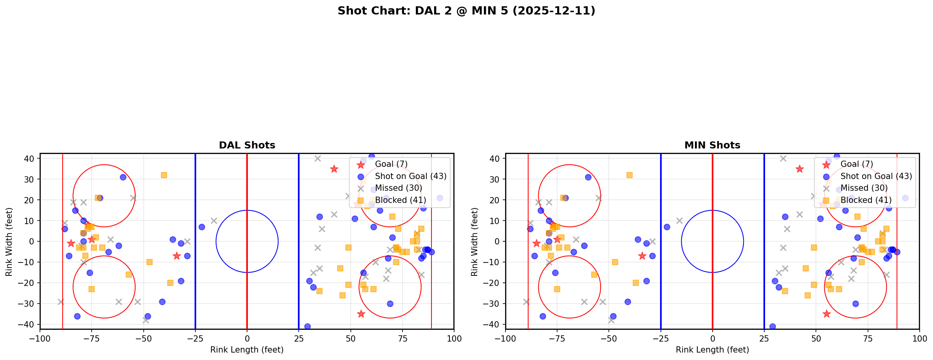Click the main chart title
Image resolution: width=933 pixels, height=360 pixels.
point(466,11)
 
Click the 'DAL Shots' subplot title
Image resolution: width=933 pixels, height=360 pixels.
point(247,145)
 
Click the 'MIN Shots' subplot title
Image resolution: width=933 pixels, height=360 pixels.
point(712,145)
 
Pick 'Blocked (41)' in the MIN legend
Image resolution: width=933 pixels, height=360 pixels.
point(866,200)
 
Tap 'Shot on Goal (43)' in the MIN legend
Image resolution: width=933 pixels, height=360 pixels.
point(876,176)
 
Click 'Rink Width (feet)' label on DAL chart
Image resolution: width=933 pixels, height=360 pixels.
point(9,241)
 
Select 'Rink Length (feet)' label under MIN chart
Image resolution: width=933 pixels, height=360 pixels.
point(712,350)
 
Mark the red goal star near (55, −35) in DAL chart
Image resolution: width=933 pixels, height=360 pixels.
point(361,314)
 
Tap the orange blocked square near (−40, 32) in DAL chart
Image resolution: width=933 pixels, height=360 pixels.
point(164,175)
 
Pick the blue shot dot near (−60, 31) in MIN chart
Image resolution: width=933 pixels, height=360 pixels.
point(588,177)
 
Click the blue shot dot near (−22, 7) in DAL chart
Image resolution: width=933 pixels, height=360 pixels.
point(202,227)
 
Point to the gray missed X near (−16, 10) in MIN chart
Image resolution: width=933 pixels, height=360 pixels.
point(679,221)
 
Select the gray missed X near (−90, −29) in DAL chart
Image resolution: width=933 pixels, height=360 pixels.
point(61,302)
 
